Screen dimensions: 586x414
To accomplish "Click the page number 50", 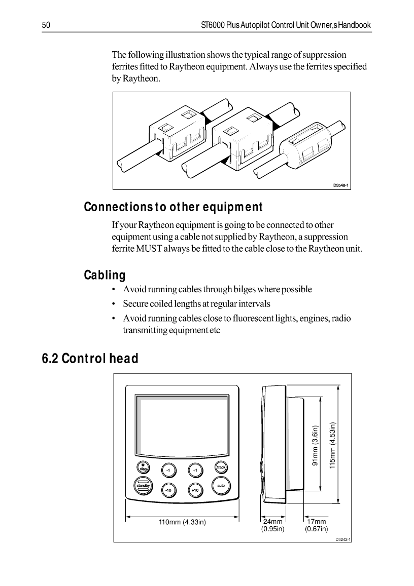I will click(x=45, y=25).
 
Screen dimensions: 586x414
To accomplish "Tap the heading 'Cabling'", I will click(x=104, y=276).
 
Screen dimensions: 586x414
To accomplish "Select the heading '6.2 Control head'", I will click(x=90, y=359).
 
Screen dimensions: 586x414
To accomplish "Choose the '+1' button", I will click(x=195, y=470).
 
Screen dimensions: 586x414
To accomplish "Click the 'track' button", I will click(x=221, y=467).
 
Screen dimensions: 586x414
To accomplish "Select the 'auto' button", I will click(x=221, y=486).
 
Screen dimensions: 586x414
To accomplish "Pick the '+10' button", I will click(x=195, y=490).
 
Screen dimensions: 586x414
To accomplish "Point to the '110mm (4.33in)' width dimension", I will click(x=183, y=522).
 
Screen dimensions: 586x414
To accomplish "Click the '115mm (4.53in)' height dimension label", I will click(x=333, y=446).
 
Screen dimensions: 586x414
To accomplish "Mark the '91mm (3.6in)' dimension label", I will click(x=315, y=445).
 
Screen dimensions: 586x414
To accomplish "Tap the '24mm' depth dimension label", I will click(x=272, y=522).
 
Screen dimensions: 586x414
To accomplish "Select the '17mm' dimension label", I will click(x=316, y=522).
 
